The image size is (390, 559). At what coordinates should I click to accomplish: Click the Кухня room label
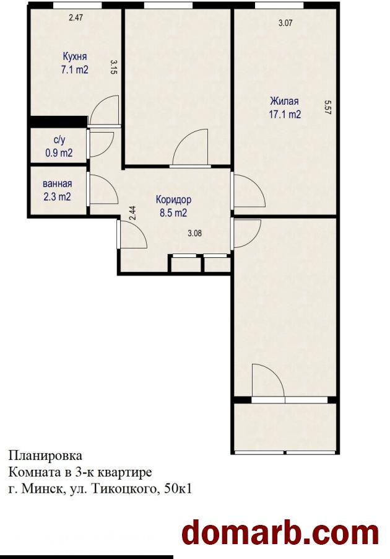75,57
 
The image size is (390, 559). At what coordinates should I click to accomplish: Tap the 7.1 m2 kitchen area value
75,70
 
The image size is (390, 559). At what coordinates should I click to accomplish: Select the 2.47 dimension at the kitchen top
76,17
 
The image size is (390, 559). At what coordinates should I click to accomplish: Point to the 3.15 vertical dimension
114,67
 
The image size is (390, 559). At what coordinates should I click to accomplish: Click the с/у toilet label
59,141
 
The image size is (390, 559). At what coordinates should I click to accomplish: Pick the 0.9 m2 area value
59,153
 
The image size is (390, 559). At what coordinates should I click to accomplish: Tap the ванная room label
58,184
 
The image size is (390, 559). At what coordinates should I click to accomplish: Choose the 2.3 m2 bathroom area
58,196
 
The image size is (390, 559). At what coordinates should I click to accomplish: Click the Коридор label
173,200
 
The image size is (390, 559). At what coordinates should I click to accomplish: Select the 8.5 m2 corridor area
173,213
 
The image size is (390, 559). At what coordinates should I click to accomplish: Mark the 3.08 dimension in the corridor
195,234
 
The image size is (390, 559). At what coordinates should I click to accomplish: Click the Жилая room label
284,101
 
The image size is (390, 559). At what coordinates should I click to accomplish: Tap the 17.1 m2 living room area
285,115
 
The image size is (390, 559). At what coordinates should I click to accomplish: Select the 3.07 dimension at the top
285,24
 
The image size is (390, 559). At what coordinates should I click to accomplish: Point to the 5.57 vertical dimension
328,107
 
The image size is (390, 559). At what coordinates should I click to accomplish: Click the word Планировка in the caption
45,456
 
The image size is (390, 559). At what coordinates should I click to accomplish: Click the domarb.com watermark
280,534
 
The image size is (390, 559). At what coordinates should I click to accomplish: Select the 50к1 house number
178,489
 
